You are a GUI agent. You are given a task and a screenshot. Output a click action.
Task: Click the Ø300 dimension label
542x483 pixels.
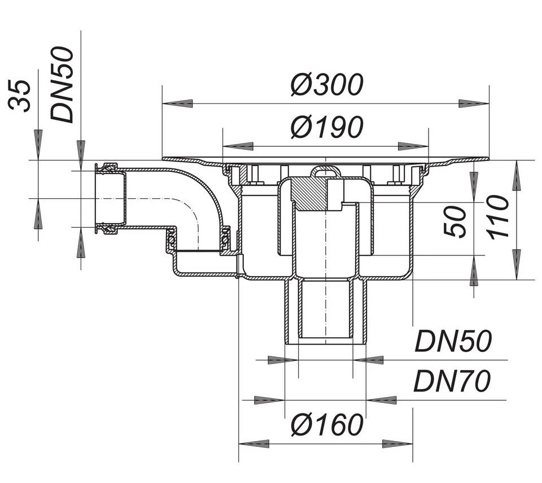point(326,85)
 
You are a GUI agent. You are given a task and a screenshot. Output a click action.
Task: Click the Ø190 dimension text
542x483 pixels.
point(326,128)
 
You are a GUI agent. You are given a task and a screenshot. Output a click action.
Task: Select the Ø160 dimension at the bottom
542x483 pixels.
point(326,425)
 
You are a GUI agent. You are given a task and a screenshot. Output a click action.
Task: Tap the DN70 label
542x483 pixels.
point(452,382)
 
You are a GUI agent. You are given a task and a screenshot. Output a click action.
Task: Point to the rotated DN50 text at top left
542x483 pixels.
point(62,85)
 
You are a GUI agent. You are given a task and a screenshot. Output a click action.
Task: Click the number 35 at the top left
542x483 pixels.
point(21,96)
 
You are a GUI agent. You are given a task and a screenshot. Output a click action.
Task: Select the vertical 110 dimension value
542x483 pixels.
point(500,217)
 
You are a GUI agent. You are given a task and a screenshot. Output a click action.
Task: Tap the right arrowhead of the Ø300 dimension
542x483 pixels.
point(474,103)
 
